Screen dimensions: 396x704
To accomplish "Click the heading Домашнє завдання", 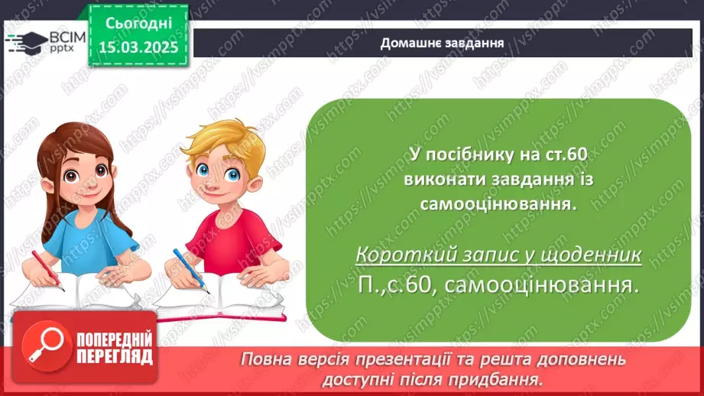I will (x=442, y=43).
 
